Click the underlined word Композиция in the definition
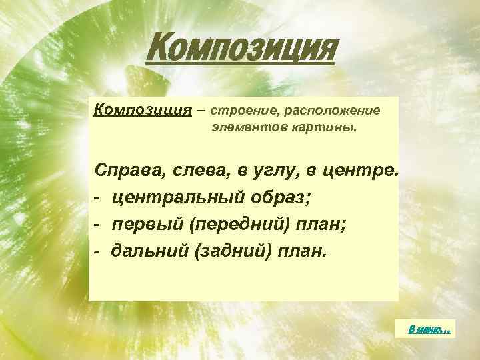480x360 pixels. (x=137, y=109)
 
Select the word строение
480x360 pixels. (x=247, y=109)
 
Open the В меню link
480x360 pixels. (x=430, y=328)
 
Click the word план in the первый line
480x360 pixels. (x=321, y=225)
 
